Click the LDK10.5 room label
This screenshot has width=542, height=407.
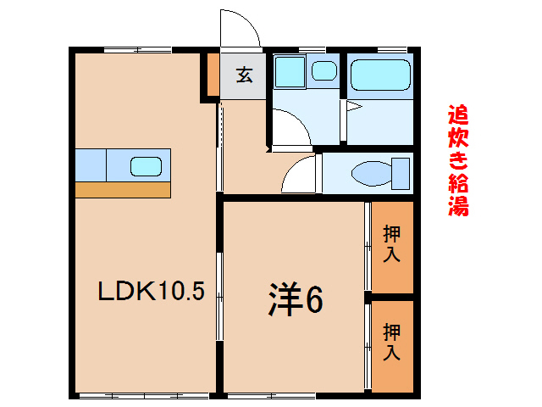tap(151, 293)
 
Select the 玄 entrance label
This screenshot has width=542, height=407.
tap(244, 75)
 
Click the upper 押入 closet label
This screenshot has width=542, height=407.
tap(392, 243)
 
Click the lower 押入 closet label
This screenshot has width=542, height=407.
tap(392, 341)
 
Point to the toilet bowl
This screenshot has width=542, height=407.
tap(370, 174)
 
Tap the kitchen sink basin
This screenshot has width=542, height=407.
tap(145, 165)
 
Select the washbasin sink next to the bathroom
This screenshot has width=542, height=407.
tap(323, 71)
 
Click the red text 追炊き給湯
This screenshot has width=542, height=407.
tap(458, 160)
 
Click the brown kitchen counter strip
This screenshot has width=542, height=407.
tap(124, 189)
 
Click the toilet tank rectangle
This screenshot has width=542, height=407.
tap(401, 173)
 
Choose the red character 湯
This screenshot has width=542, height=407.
tap(458, 205)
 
